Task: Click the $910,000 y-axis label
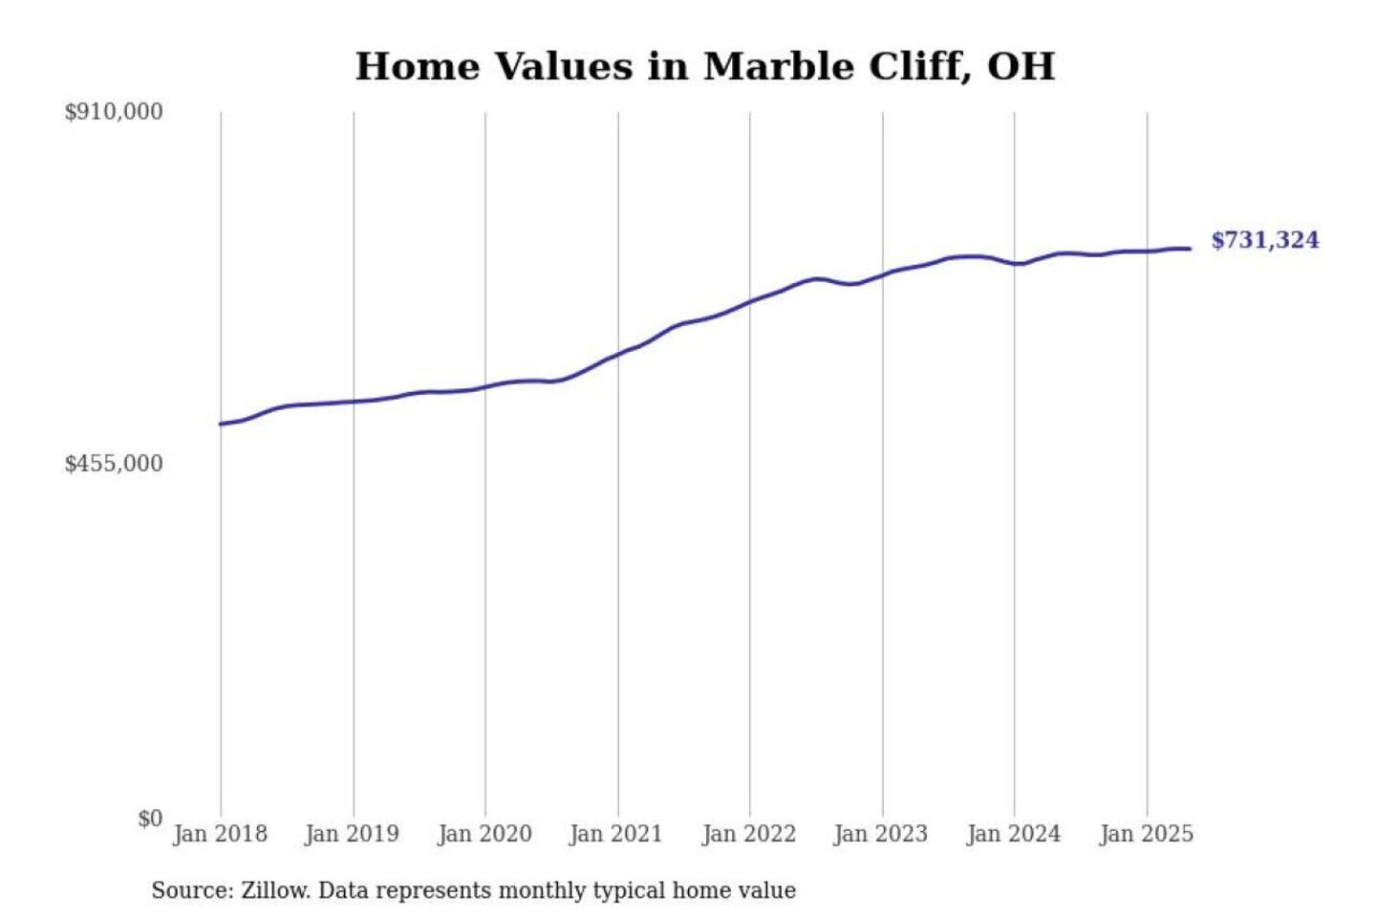click(x=114, y=112)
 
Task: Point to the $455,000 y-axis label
click(x=114, y=464)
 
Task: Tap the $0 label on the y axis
click(x=150, y=819)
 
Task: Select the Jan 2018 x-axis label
click(x=220, y=834)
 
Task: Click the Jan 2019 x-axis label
click(x=352, y=834)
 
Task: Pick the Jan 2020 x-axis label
click(x=484, y=834)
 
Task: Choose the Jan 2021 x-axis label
click(x=616, y=834)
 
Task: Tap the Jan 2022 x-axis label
click(x=749, y=834)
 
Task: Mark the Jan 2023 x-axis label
click(x=881, y=834)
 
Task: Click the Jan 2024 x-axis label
click(x=1014, y=834)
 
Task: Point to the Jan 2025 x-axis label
click(x=1147, y=834)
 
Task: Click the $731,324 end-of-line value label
click(x=1265, y=240)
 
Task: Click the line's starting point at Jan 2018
click(x=221, y=424)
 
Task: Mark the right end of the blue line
click(x=1190, y=249)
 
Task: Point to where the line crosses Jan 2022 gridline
click(x=750, y=302)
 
